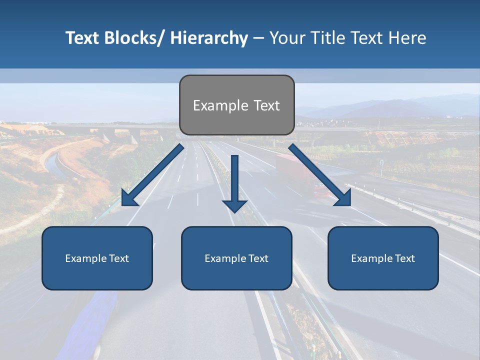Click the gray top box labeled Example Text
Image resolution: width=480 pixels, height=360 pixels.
pyautogui.click(x=236, y=105)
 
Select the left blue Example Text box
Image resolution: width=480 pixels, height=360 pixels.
pyautogui.click(x=97, y=258)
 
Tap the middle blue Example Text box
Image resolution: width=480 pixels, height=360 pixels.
pyautogui.click(x=236, y=258)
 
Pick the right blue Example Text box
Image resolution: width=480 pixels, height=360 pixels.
pyautogui.click(x=383, y=258)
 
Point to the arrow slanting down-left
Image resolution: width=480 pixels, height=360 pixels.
pyautogui.click(x=152, y=175)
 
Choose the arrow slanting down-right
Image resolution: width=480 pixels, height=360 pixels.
pyautogui.click(x=320, y=175)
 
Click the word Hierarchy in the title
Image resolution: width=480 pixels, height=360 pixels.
pyautogui.click(x=209, y=38)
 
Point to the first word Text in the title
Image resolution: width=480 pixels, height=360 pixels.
pyautogui.click(x=83, y=38)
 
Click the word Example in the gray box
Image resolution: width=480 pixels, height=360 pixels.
pyautogui.click(x=218, y=105)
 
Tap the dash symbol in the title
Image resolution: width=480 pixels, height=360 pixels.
pyautogui.click(x=258, y=38)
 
